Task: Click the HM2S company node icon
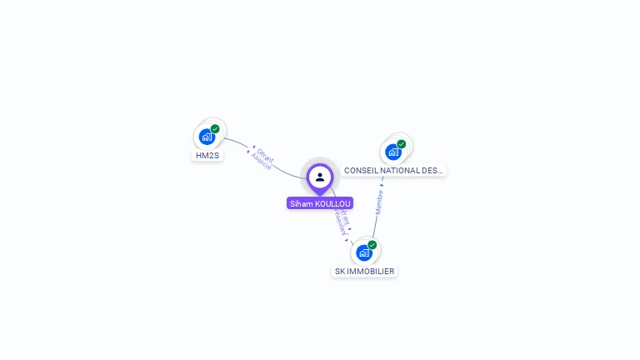[x=207, y=137]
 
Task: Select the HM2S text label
[x=207, y=155]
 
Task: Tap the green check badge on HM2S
[x=215, y=129]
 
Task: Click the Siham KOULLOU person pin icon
[x=320, y=177]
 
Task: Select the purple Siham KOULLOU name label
[x=320, y=203]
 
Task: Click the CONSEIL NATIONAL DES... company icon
[x=393, y=152]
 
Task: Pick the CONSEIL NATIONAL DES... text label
[x=394, y=170]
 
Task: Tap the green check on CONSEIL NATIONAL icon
[x=402, y=144]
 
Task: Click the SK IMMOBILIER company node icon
[x=364, y=252]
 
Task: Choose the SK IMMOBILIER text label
[x=364, y=271]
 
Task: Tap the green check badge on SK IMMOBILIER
[x=372, y=245]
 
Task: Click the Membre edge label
[x=379, y=202]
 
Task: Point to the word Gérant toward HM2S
[x=265, y=155]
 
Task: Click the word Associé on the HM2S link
[x=260, y=162]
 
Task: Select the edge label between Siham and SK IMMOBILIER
[x=341, y=222]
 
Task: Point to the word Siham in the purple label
[x=299, y=203]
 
